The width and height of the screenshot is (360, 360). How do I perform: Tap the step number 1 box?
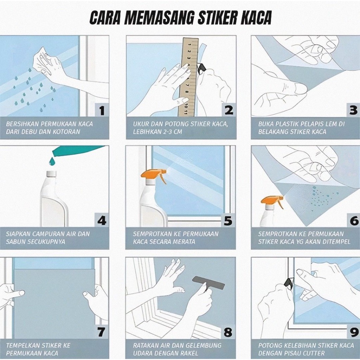coord(102,110)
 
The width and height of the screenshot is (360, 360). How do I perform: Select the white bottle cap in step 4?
coord(52,174)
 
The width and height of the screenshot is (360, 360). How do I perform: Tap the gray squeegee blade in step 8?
coord(208,283)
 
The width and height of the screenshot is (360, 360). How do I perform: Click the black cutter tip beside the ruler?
coord(202,68)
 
